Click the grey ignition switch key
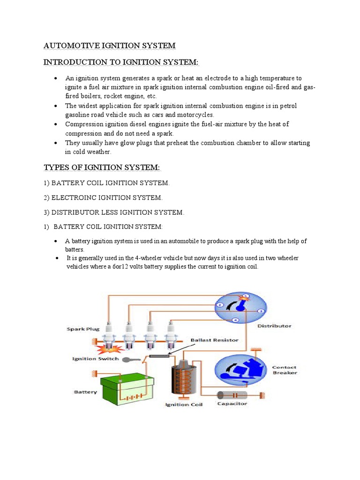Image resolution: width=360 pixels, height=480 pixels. coord(128,360)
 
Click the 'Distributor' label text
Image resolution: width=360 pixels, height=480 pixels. coord(275,326)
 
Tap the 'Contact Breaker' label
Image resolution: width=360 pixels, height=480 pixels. coord(284,370)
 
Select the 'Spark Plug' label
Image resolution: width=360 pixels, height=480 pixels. coord(82,329)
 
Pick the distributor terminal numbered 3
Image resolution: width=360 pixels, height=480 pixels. coord(261,311)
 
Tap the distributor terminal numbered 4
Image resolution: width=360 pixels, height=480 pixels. coord(236,320)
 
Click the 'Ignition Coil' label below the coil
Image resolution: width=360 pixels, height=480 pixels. coord(183,405)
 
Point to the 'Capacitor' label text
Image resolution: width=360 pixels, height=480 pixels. coord(232,403)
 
